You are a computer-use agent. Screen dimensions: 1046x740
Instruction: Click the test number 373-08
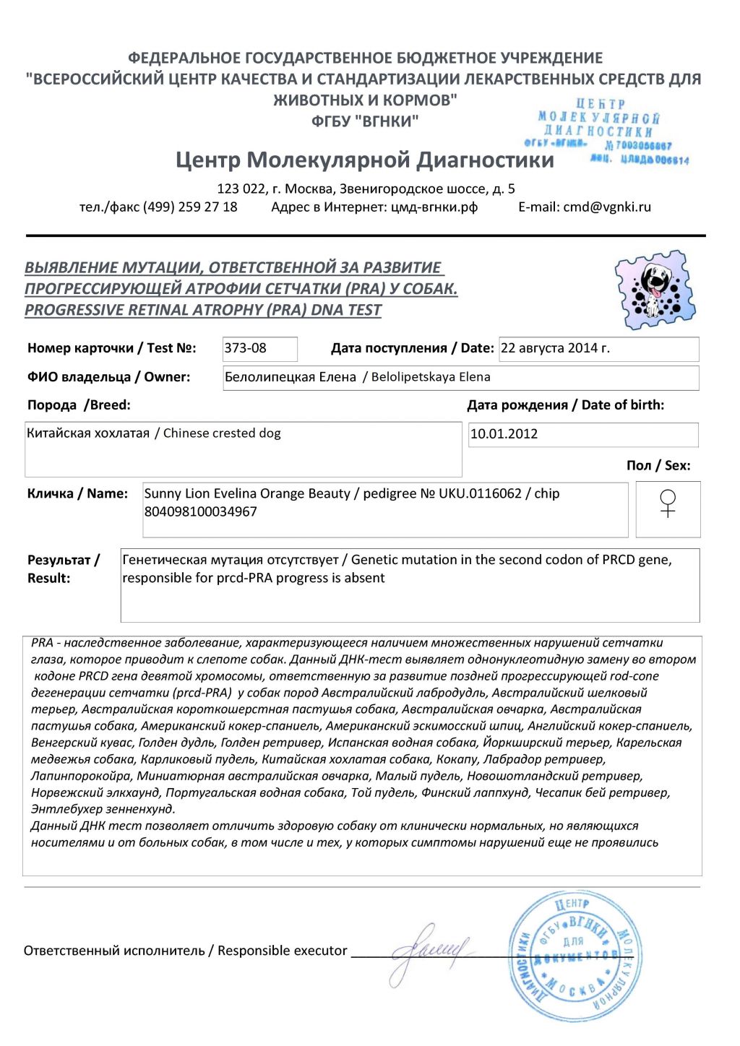[246, 348]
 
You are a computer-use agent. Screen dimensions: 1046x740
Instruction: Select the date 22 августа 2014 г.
[555, 348]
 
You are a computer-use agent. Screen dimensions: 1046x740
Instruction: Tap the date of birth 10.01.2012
[504, 434]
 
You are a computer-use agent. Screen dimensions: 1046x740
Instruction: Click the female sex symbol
[668, 503]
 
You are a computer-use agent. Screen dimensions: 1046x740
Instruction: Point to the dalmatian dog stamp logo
[655, 290]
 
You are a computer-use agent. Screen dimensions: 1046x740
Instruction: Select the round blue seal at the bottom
[575, 955]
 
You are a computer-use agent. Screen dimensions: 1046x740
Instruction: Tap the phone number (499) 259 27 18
[190, 207]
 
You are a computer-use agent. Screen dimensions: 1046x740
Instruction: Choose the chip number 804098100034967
[201, 511]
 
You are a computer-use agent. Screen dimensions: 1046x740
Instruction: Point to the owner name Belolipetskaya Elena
[431, 377]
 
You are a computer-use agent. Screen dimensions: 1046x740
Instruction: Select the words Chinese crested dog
[222, 433]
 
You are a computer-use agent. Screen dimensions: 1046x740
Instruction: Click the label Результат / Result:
[63, 569]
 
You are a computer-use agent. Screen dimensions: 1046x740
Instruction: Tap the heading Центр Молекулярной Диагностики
[365, 160]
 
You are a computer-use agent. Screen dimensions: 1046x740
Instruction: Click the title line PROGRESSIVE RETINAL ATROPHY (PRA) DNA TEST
[203, 311]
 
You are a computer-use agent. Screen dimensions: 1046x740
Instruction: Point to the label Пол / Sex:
[658, 466]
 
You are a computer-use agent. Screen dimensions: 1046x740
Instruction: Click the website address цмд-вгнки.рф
[434, 207]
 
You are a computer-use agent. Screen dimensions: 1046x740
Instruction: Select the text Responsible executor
[283, 951]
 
